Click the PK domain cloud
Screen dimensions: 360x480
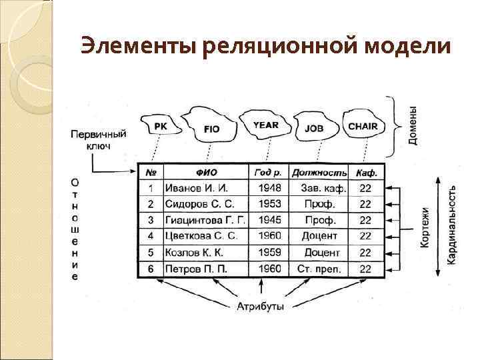[x=161, y=125]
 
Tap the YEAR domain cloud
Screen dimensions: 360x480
[x=265, y=125]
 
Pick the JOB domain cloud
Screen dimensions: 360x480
[x=314, y=128]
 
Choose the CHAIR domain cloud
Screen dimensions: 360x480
[x=362, y=125]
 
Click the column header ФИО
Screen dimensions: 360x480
[x=205, y=172]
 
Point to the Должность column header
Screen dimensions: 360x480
[x=320, y=172]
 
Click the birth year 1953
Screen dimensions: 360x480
[x=269, y=204]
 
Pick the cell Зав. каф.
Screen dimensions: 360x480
[x=320, y=188]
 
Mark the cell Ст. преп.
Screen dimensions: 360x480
[x=320, y=269]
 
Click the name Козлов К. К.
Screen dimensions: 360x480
[x=193, y=253]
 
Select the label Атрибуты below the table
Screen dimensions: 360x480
[x=260, y=307]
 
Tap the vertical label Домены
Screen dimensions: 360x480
[x=413, y=126]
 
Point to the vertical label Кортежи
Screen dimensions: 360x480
[x=425, y=227]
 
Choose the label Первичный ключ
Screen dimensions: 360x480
[x=99, y=139]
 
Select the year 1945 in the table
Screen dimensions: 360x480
[x=269, y=220]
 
